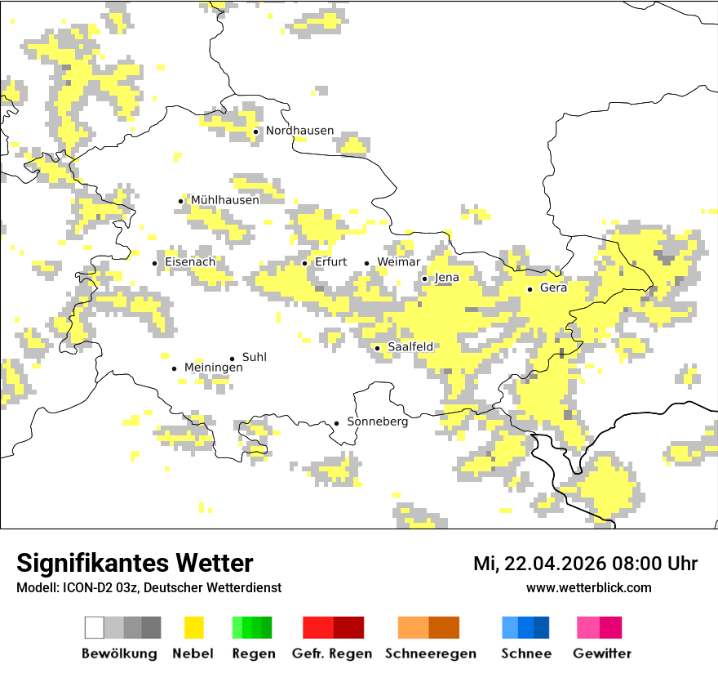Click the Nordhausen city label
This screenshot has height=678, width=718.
tap(299, 131)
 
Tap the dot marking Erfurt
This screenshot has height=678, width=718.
tap(305, 263)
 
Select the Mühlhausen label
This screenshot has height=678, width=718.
tap(224, 200)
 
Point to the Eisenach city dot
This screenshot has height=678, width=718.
tap(154, 263)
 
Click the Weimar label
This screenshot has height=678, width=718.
tap(398, 262)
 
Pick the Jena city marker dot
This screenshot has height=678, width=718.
tap(424, 279)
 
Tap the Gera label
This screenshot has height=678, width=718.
tap(553, 288)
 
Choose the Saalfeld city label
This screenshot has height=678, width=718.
tap(410, 347)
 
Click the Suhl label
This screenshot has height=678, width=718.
tap(254, 358)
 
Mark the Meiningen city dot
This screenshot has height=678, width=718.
tap(174, 368)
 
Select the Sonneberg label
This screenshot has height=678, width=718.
tap(377, 422)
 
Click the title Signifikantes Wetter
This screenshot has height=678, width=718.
tap(135, 563)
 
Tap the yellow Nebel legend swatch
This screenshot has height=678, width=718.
tap(193, 627)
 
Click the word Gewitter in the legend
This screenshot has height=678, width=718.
tap(601, 653)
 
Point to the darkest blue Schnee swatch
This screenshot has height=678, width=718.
tap(542, 627)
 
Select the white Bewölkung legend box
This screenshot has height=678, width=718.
tap(95, 627)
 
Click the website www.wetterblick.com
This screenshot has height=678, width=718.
tap(588, 587)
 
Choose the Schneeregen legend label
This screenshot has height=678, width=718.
tap(430, 653)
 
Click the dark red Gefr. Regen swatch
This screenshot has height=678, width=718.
tap(349, 627)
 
